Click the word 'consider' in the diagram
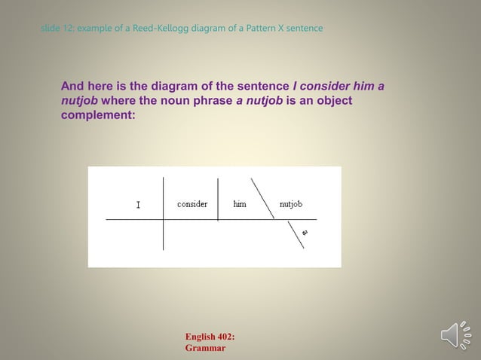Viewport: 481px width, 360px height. (x=192, y=204)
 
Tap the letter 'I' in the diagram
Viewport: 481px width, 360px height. (x=138, y=205)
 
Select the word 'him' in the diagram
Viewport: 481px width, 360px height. (x=240, y=204)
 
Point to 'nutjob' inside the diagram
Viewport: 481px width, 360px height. (x=291, y=204)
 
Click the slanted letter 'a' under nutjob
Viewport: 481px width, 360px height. (x=305, y=233)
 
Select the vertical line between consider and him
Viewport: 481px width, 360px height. (x=218, y=199)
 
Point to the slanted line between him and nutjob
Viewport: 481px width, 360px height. (x=262, y=198)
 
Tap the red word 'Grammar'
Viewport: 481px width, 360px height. (x=205, y=348)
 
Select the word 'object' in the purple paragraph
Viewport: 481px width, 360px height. (x=334, y=102)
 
